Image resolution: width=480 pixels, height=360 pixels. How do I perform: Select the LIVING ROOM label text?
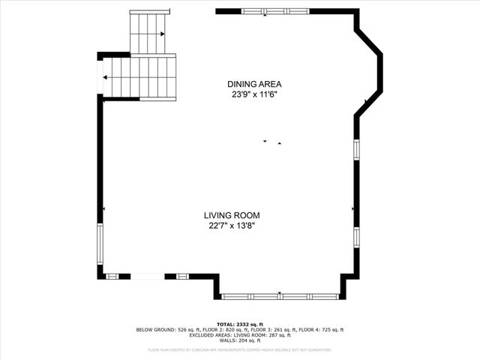(x=237, y=215)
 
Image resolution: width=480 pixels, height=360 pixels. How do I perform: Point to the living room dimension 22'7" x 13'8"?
(x=237, y=226)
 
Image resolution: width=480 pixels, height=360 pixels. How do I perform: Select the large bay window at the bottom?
(x=280, y=296)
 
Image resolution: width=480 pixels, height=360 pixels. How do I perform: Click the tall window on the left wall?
(x=99, y=244)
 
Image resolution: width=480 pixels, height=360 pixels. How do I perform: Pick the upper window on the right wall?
(x=356, y=148)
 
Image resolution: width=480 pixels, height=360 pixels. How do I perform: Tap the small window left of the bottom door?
(x=112, y=276)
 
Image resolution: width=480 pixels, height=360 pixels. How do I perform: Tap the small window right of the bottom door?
(x=182, y=276)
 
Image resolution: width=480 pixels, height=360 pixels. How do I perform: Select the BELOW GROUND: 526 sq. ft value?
(x=165, y=330)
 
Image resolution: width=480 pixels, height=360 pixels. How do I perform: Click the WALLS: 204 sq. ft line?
(x=239, y=341)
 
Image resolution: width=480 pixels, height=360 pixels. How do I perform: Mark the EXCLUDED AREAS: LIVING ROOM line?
(x=239, y=335)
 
